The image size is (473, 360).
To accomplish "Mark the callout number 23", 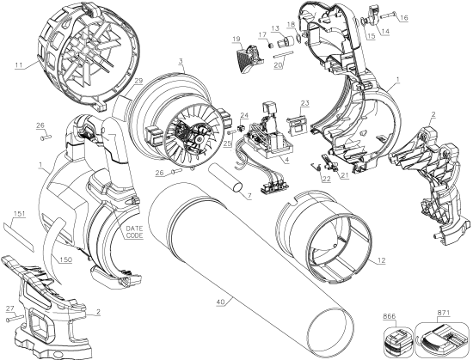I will coord(304,102).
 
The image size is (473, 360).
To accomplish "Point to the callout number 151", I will coord(20,212).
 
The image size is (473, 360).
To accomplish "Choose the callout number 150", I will coord(66,257).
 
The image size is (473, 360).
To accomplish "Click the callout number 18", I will coord(292,23).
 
